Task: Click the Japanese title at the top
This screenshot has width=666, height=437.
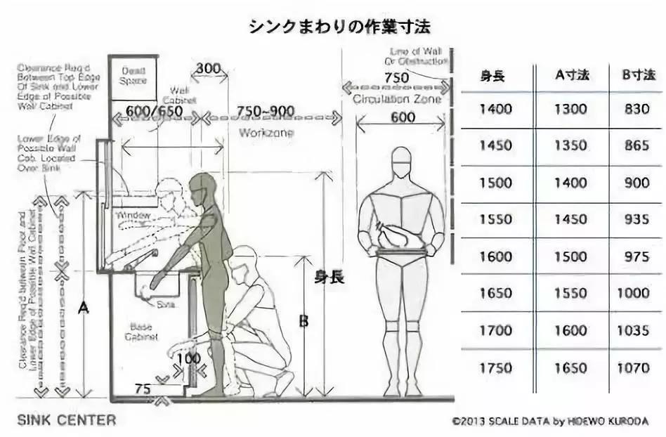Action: point(339,27)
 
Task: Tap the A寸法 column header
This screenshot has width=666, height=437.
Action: point(571,75)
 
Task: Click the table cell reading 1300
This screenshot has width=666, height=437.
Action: point(571,110)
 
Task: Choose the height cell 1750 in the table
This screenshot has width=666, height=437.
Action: point(496,367)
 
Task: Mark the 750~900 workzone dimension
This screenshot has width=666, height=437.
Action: point(266,111)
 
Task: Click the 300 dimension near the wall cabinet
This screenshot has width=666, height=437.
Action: point(209,70)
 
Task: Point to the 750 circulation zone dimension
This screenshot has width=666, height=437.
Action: point(397,77)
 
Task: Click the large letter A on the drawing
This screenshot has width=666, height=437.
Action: point(84,307)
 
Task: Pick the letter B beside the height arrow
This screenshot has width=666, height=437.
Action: point(303,321)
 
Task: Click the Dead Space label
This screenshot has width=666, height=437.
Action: point(133,76)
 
